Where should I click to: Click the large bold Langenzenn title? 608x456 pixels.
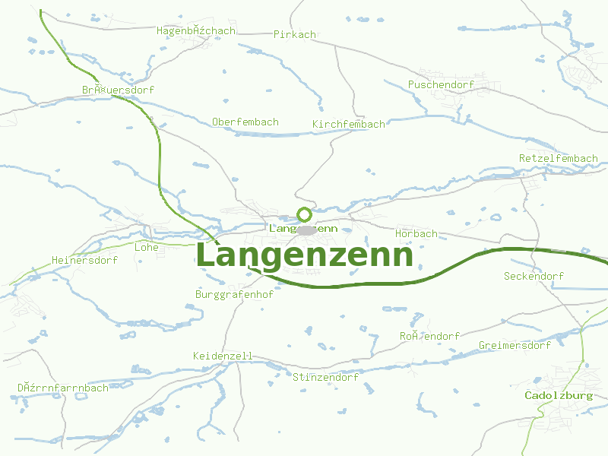(x=304, y=256)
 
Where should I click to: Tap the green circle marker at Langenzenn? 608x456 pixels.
(x=304, y=215)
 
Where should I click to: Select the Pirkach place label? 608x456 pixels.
(x=294, y=34)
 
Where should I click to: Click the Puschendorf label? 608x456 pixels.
(x=441, y=84)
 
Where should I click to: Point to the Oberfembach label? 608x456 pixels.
(x=245, y=122)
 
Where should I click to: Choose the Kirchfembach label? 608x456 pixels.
(x=349, y=124)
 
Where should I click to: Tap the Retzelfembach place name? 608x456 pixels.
(x=558, y=158)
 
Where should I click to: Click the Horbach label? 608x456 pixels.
(x=416, y=233)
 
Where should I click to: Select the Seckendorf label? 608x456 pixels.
(x=534, y=276)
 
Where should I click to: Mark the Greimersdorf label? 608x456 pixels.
(x=515, y=345)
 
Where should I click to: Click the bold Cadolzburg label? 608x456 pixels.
(x=559, y=396)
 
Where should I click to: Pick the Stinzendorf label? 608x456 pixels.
(x=325, y=377)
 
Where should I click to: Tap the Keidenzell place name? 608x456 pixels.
(x=223, y=356)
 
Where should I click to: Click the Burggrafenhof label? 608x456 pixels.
(x=234, y=294)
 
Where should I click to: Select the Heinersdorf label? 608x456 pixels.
(x=84, y=260)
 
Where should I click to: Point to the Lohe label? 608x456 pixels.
(x=146, y=247)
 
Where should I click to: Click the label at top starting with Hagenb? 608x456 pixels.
(x=196, y=31)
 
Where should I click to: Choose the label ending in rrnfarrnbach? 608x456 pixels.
(x=63, y=388)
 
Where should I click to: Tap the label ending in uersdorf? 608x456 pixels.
(x=118, y=90)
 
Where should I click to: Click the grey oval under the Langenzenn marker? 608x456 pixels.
(x=306, y=230)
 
